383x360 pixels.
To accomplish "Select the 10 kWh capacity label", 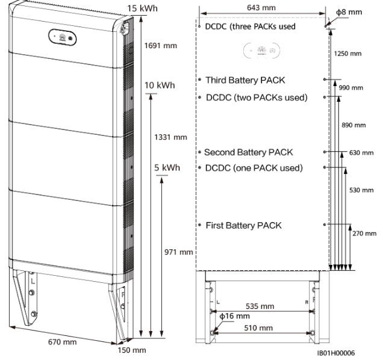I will click(x=160, y=85).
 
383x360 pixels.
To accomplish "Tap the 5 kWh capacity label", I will click(x=167, y=167).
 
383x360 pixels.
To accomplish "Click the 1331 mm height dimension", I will click(x=171, y=138).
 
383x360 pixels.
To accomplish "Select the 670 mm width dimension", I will click(x=62, y=342).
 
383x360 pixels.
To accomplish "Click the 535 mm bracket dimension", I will click(x=263, y=306).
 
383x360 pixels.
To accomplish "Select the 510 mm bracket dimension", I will click(x=263, y=327).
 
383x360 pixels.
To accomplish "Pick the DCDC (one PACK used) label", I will click(x=254, y=167).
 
